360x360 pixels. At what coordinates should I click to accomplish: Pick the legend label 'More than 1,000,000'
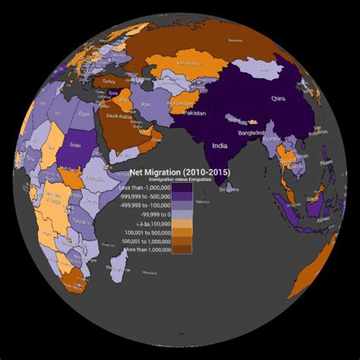(x=145, y=249)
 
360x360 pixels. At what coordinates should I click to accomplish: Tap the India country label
(x=220, y=145)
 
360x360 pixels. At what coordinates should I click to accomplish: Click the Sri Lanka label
(x=230, y=189)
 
